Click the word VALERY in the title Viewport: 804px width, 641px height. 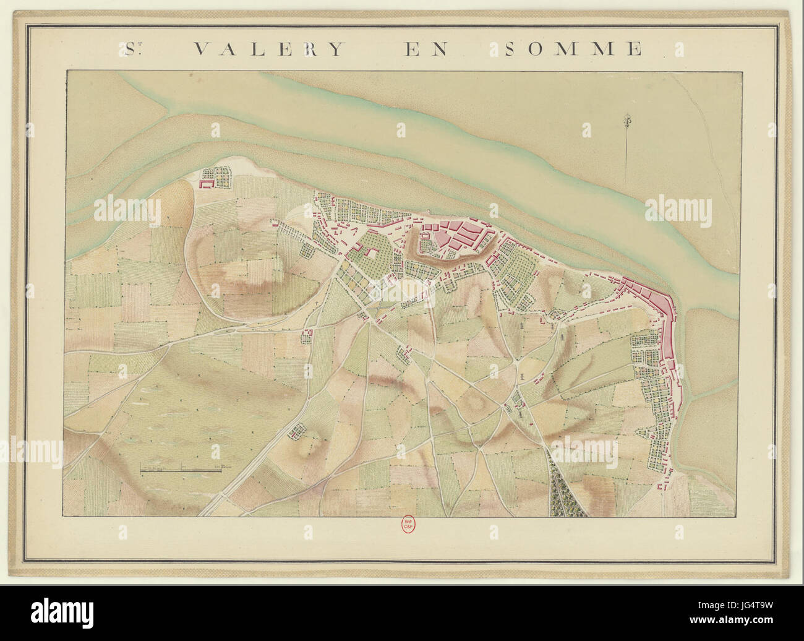click(268, 49)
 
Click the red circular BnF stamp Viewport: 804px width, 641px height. click(408, 524)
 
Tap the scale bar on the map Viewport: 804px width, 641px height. click(180, 471)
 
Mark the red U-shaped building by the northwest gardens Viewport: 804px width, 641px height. click(205, 182)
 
